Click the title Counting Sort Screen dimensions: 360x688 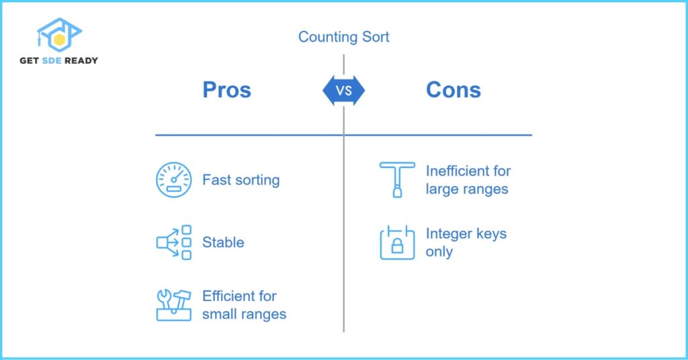coord(343,36)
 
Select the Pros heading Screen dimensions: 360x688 coord(226,90)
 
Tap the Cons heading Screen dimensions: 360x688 coord(453,90)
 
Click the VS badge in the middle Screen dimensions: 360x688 coord(343,90)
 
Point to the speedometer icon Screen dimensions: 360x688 coord(173,179)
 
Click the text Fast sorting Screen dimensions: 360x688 coord(241,180)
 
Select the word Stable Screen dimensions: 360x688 coord(223,242)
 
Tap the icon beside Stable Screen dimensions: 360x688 coord(173,242)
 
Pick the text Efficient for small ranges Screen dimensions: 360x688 coord(244,305)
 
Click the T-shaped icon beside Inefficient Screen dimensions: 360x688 coord(397,179)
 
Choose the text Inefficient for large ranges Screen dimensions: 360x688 coord(468,180)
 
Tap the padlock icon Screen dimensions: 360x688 coord(397,242)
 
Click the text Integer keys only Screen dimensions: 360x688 coord(466,242)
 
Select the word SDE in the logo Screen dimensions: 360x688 coord(53,60)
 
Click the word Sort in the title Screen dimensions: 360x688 coord(375,36)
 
